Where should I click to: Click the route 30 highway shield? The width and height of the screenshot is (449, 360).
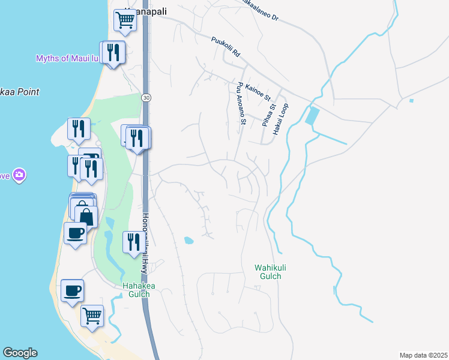145,97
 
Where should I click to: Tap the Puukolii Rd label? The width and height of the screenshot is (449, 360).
225,47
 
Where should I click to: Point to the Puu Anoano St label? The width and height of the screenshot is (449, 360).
242,104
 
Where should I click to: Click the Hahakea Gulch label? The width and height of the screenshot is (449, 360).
139,290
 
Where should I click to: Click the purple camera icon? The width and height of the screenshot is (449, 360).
19,175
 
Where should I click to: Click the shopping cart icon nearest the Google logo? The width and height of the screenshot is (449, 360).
92,314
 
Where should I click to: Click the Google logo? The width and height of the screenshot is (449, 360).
20,353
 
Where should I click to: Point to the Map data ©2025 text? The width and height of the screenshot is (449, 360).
423,355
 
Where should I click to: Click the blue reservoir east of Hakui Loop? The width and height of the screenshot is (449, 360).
312,115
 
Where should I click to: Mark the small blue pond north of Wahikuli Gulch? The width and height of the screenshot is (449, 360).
188,241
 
